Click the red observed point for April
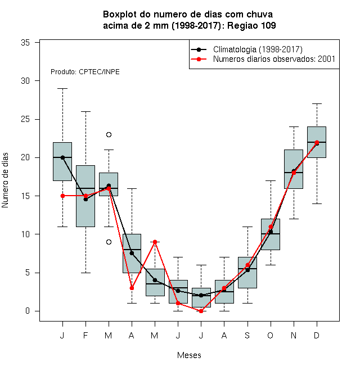point(132,288)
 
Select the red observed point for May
point(155,242)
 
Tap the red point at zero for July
point(201,311)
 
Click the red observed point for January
point(62,196)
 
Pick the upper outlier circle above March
point(109,135)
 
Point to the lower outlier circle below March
point(109,242)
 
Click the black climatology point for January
point(62,157)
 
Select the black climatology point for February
point(85,199)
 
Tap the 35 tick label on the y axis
point(25,43)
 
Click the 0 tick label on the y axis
point(28,311)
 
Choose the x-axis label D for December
point(317,335)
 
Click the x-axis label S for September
point(247,335)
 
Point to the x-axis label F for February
point(85,335)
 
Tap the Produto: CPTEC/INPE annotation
point(85,72)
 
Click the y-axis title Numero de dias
point(5,180)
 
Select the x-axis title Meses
point(189,355)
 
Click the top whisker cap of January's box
point(62,88)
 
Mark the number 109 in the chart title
point(268,25)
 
